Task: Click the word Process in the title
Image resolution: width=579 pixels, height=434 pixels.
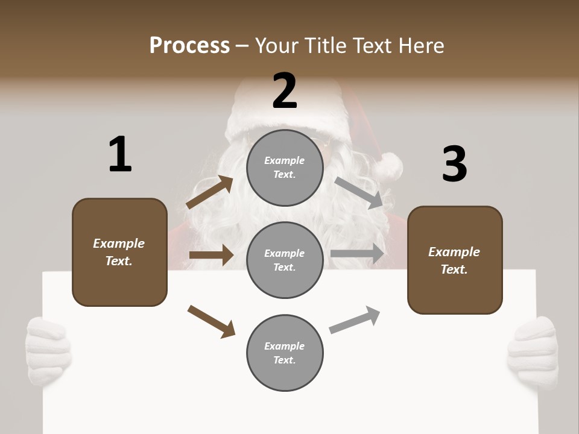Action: (189, 46)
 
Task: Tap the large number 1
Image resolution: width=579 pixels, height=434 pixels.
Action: (120, 154)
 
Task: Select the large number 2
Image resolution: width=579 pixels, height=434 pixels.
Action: (285, 91)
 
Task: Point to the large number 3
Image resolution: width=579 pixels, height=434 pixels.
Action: (454, 164)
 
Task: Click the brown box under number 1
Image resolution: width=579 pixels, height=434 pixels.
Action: (119, 252)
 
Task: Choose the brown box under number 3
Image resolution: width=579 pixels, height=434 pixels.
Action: (455, 260)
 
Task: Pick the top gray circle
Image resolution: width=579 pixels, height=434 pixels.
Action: (285, 167)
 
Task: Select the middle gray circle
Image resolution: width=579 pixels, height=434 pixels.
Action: (285, 260)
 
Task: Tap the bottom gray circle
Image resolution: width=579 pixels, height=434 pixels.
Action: (285, 353)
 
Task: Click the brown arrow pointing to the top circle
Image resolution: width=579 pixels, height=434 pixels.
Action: (210, 192)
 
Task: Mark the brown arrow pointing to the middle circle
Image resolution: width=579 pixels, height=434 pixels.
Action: (210, 255)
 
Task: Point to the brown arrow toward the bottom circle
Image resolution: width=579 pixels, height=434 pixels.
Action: (211, 321)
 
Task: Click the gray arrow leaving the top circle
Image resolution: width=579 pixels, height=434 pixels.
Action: (359, 193)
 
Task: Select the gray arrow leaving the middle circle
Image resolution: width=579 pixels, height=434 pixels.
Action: (357, 254)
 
